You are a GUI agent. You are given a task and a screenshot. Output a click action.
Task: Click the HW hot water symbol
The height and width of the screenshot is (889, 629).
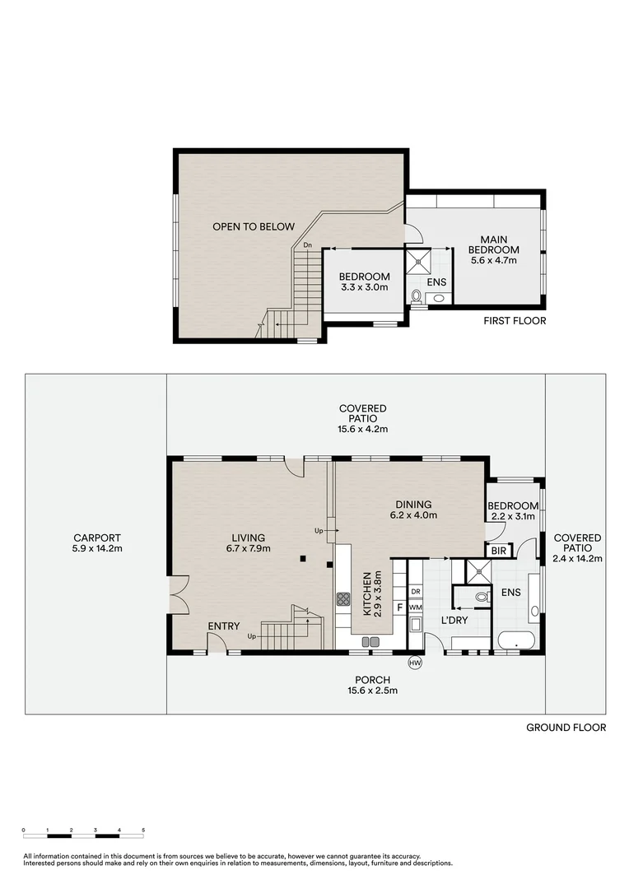click(415, 663)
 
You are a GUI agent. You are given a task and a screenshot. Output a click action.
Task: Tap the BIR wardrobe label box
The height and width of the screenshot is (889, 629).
click(498, 551)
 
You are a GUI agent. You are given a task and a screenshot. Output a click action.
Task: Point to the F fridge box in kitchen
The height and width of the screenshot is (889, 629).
click(400, 607)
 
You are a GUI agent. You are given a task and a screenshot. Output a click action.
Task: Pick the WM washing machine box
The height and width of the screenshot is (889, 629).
click(415, 607)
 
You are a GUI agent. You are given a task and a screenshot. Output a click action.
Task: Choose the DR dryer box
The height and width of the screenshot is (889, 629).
click(415, 591)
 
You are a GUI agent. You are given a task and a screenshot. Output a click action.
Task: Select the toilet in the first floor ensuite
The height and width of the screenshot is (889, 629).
click(417, 296)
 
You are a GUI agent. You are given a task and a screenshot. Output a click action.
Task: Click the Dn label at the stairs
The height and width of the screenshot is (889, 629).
click(307, 245)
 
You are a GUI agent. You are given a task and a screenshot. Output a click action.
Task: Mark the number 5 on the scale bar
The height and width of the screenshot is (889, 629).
click(143, 830)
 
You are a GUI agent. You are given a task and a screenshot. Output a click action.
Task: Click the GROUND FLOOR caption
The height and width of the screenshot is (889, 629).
click(566, 728)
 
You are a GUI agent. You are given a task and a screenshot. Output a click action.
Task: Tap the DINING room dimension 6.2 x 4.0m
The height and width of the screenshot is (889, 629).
click(412, 515)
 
